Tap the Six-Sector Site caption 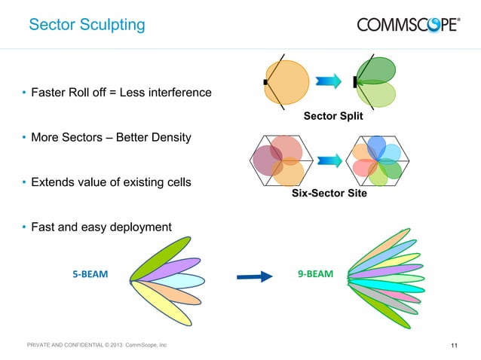coord(329,194)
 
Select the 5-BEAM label coord(90,275)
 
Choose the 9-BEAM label coord(315,274)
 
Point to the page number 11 coord(454,346)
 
